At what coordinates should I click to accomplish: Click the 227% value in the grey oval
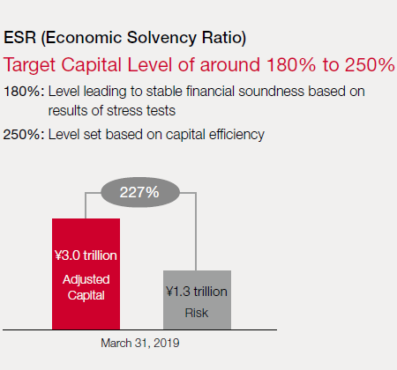139,192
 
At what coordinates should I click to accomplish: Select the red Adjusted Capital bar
86,274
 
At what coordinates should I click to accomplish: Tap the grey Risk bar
197,300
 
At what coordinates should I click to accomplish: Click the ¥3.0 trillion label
86,255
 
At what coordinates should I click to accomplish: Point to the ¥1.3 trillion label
197,292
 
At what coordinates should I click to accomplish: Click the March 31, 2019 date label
140,343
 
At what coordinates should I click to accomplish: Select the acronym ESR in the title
19,38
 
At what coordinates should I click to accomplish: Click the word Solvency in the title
161,38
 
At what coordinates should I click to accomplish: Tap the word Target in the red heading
29,65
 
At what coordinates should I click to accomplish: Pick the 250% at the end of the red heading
370,64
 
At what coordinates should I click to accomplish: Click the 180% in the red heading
291,64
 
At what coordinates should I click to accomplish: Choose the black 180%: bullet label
24,92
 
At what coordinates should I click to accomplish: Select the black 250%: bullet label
24,135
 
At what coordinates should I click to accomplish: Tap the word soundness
271,92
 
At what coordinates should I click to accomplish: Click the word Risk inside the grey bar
197,313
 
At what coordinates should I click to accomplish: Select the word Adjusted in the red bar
86,280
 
